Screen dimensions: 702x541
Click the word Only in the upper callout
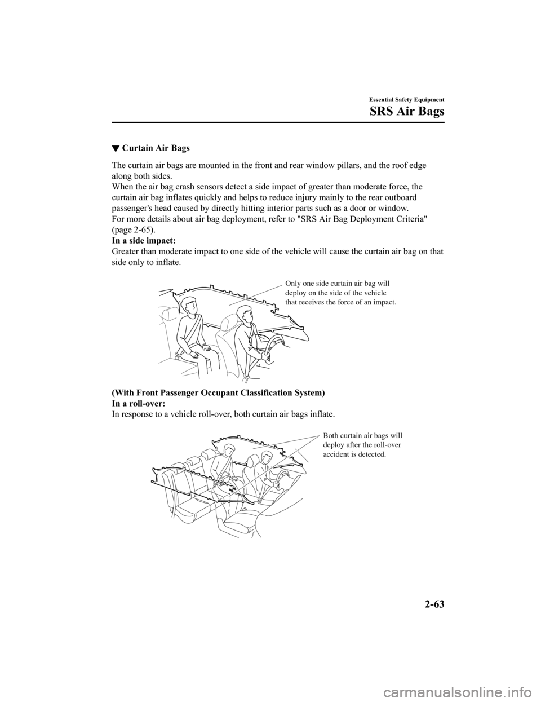tap(294, 284)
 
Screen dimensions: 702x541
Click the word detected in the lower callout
tap(373, 454)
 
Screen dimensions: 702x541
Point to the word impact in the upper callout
tap(385, 303)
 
